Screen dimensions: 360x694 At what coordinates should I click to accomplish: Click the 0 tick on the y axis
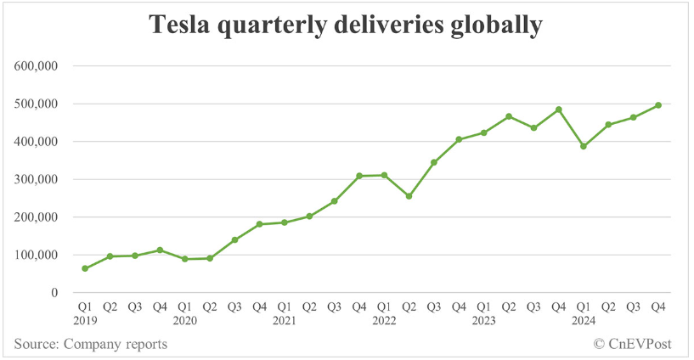[54, 293]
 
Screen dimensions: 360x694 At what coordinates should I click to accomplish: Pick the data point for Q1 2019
[85, 268]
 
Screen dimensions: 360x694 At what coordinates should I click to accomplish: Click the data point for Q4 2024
[658, 105]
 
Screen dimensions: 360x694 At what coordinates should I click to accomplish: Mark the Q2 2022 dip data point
[409, 196]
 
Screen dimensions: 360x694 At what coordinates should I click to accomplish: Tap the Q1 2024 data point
[584, 146]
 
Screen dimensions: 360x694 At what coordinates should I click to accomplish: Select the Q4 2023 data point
[558, 110]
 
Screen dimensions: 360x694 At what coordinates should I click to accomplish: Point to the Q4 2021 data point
[359, 176]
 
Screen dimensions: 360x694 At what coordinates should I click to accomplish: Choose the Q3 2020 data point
[234, 239]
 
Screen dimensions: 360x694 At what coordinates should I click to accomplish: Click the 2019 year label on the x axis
[85, 321]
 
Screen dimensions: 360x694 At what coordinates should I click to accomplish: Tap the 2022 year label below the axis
[384, 321]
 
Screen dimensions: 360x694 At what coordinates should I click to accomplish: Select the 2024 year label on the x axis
[584, 321]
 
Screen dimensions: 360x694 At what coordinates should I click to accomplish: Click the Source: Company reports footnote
[90, 344]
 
